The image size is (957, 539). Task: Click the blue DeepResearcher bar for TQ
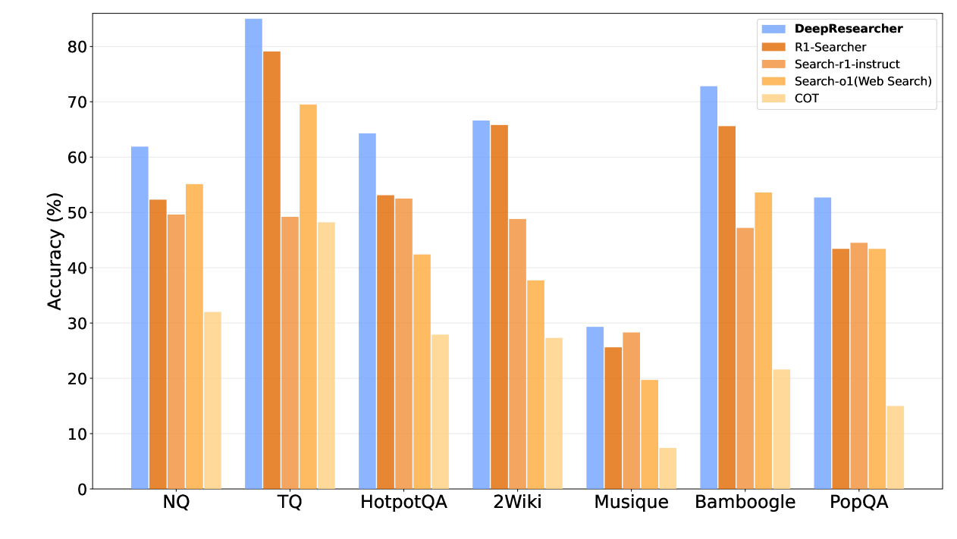(253, 254)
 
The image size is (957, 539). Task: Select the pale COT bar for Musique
(668, 468)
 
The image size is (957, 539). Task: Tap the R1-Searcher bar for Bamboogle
(727, 308)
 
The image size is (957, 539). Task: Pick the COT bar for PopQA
(896, 447)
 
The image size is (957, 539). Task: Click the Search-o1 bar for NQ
(194, 337)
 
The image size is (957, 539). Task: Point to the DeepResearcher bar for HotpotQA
(368, 311)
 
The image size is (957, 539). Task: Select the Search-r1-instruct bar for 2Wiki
(517, 354)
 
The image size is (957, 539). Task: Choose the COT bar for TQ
(326, 356)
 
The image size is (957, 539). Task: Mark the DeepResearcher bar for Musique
(595, 408)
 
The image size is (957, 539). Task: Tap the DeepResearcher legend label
(849, 29)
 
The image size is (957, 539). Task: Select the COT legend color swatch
(773, 99)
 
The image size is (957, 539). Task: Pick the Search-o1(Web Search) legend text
(863, 81)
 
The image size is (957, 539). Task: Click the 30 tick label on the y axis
(77, 323)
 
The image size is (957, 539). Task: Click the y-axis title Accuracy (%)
(55, 251)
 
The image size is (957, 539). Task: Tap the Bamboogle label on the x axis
(745, 502)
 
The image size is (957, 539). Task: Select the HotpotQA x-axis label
(403, 502)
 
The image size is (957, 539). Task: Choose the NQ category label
(176, 502)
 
